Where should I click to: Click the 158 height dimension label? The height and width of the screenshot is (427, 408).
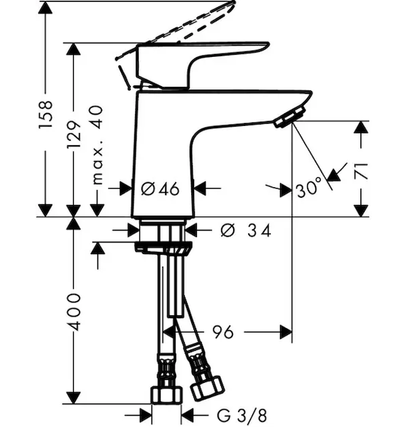coord(45,115)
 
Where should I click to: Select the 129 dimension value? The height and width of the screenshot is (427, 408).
coord(74,135)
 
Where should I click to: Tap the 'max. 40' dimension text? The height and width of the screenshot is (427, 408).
coord(97,145)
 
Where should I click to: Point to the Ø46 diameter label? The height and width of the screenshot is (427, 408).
coord(161,189)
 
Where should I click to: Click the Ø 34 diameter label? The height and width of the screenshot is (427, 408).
coord(246,231)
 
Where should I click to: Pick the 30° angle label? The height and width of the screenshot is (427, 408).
coord(309,188)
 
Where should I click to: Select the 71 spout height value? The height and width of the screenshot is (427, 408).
coord(362,172)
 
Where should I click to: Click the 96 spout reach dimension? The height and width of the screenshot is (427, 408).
coord(223,332)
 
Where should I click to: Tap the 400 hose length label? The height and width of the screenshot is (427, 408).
coord(74,312)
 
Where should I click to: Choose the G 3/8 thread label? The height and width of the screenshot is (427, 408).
coord(242,416)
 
